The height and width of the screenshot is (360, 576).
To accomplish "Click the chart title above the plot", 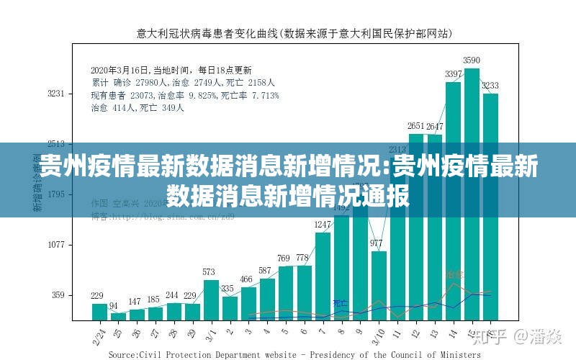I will [x=295, y=32].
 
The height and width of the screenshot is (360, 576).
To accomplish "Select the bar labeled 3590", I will [x=472, y=194].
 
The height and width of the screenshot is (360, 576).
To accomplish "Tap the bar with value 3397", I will [x=453, y=202].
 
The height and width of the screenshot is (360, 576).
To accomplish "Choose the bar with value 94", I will [x=117, y=316].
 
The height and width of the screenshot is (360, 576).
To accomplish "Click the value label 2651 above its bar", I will [x=416, y=127].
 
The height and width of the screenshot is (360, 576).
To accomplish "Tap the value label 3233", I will [x=490, y=86].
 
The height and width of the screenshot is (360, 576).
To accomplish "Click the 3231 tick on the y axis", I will [x=56, y=94].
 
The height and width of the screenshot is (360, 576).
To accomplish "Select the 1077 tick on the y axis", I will [x=56, y=245].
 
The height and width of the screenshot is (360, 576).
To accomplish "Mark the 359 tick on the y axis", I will [x=58, y=295].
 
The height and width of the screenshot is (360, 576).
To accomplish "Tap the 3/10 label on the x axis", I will [x=377, y=333].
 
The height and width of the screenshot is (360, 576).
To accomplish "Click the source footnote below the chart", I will [x=294, y=355].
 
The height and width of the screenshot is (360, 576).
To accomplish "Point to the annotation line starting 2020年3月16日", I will [x=171, y=71].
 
